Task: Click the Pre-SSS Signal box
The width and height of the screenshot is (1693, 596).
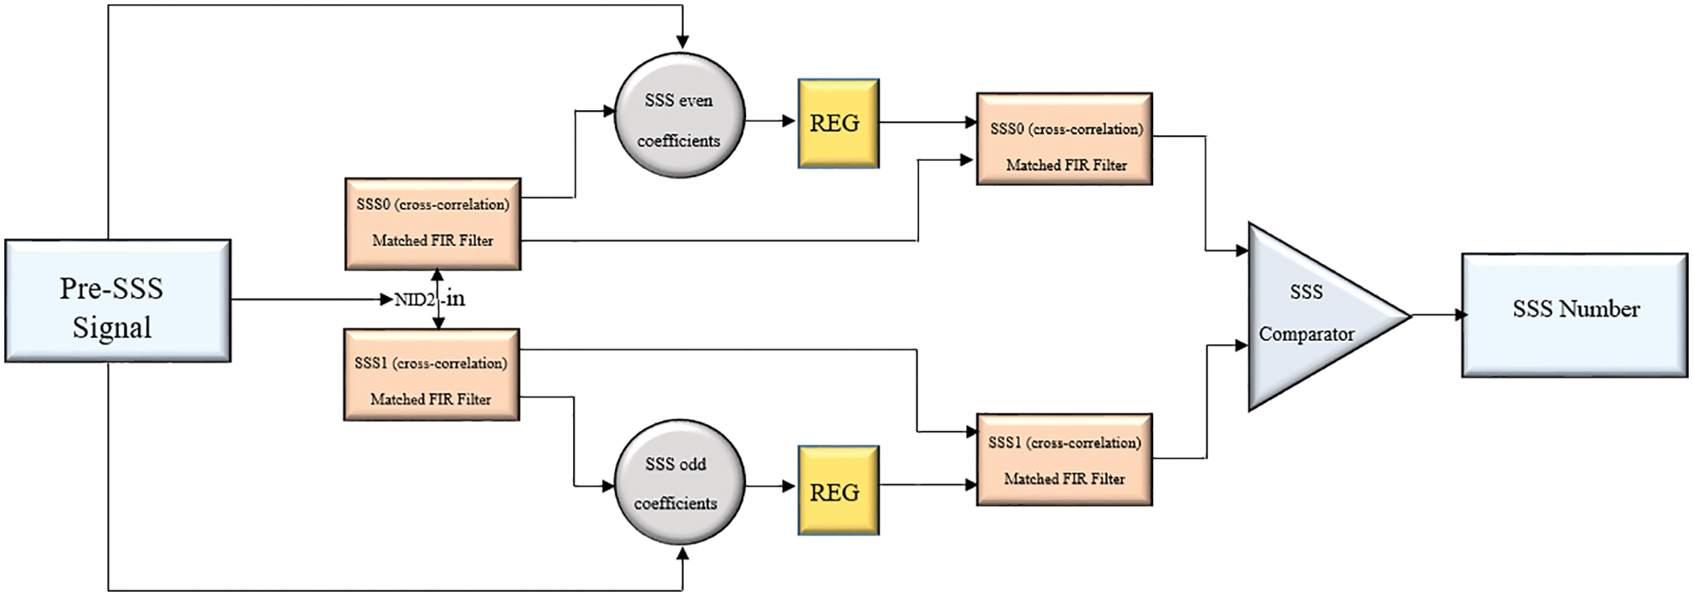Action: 118,301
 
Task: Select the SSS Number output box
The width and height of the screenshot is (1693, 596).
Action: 1574,315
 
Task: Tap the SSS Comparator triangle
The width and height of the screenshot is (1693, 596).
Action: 1310,315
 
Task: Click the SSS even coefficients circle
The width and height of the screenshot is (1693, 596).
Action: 680,115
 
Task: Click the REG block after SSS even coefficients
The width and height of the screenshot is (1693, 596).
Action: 838,123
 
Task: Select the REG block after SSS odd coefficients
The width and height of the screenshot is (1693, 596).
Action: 838,491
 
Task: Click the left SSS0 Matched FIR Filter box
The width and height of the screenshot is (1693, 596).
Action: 432,224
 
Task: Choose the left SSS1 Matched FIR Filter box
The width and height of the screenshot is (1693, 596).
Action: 432,375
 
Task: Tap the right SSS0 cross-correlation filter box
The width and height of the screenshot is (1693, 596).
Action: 1064,139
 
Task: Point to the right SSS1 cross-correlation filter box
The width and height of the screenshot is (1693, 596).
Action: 1064,460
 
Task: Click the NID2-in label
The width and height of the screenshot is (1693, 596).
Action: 427,300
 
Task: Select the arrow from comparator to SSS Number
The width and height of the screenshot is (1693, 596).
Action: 1438,315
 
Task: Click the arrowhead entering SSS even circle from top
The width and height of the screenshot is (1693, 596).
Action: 682,41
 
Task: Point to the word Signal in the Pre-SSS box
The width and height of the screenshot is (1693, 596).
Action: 112,328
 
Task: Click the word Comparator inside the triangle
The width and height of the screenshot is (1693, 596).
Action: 1306,334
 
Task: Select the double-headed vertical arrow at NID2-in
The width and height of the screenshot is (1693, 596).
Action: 439,300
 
